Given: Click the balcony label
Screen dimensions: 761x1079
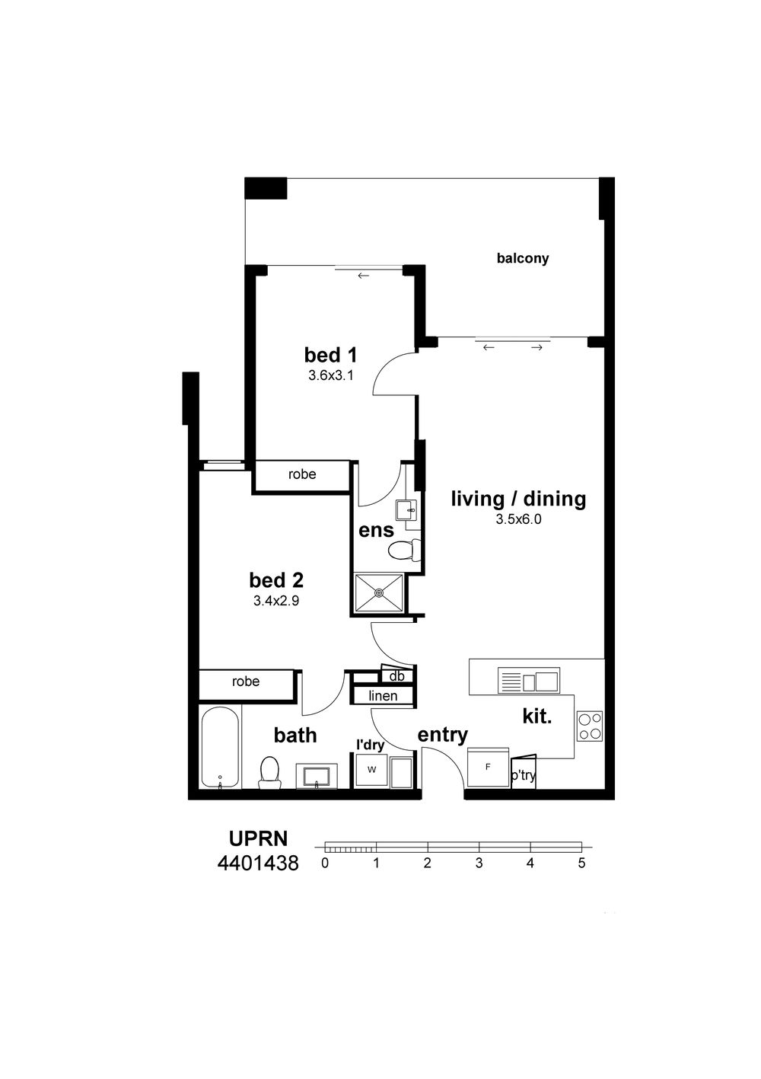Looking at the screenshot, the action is (x=522, y=258).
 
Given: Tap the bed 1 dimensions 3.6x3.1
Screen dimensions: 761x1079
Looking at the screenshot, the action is (x=331, y=375).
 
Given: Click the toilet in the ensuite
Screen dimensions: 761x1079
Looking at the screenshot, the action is (x=403, y=550).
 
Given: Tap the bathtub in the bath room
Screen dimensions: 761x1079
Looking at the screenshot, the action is (x=220, y=747).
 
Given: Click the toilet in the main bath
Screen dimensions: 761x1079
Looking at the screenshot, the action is (x=269, y=773).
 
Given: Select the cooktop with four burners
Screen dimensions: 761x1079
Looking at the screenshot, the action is (x=590, y=727).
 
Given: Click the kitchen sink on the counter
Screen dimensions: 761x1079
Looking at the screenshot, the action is (x=528, y=681).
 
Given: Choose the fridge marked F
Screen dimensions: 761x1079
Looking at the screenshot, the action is (x=488, y=768).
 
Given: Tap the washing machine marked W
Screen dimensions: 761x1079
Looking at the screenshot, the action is (x=372, y=771).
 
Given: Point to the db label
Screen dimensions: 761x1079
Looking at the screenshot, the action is (x=396, y=676).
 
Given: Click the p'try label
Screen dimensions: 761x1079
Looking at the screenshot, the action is (x=524, y=776).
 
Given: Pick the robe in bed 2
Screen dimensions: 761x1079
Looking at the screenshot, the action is (x=246, y=682).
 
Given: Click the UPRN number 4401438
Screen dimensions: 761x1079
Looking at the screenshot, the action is (x=258, y=864).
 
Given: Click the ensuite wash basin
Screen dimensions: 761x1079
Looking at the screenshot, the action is (x=406, y=510).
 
